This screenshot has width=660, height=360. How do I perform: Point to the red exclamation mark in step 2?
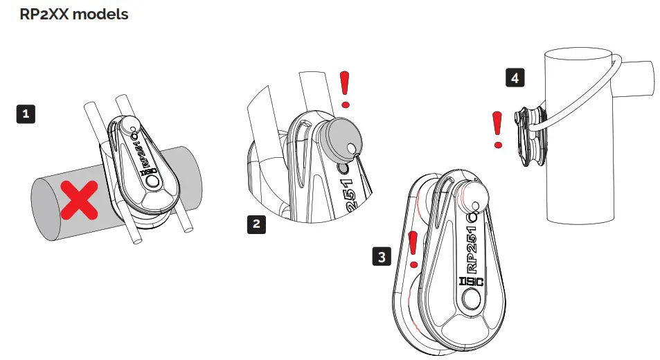point(346,89)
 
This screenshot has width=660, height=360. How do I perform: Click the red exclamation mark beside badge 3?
point(413,249)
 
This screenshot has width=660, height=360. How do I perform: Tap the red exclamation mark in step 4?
point(497,129)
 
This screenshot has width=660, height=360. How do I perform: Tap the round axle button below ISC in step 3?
point(472,300)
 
